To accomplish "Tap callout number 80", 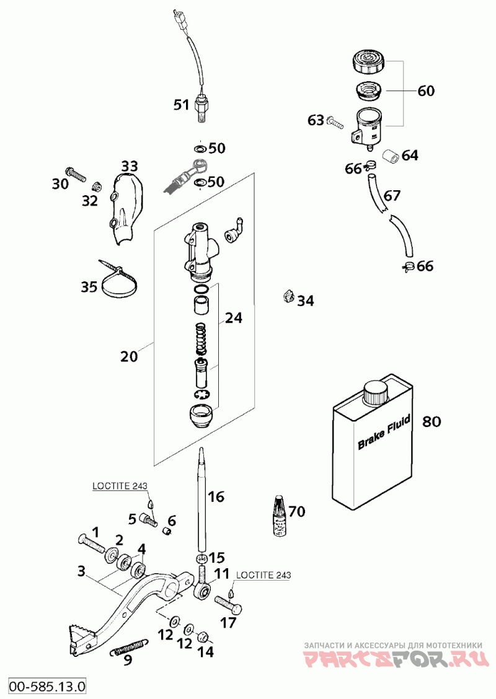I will [x=432, y=421].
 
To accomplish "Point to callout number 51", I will [x=181, y=105].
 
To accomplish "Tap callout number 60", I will [x=426, y=90].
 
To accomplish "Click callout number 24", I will [x=234, y=318].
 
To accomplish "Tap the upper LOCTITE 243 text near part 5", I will [x=120, y=486].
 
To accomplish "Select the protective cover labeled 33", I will [x=125, y=208].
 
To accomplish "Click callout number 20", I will [x=129, y=356].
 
